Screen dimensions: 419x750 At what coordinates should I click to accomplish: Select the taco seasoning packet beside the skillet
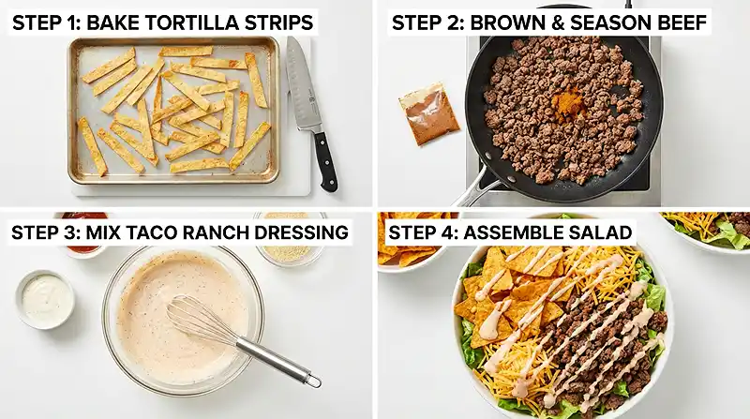428,113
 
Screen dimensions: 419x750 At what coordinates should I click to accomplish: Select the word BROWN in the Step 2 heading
509,22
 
